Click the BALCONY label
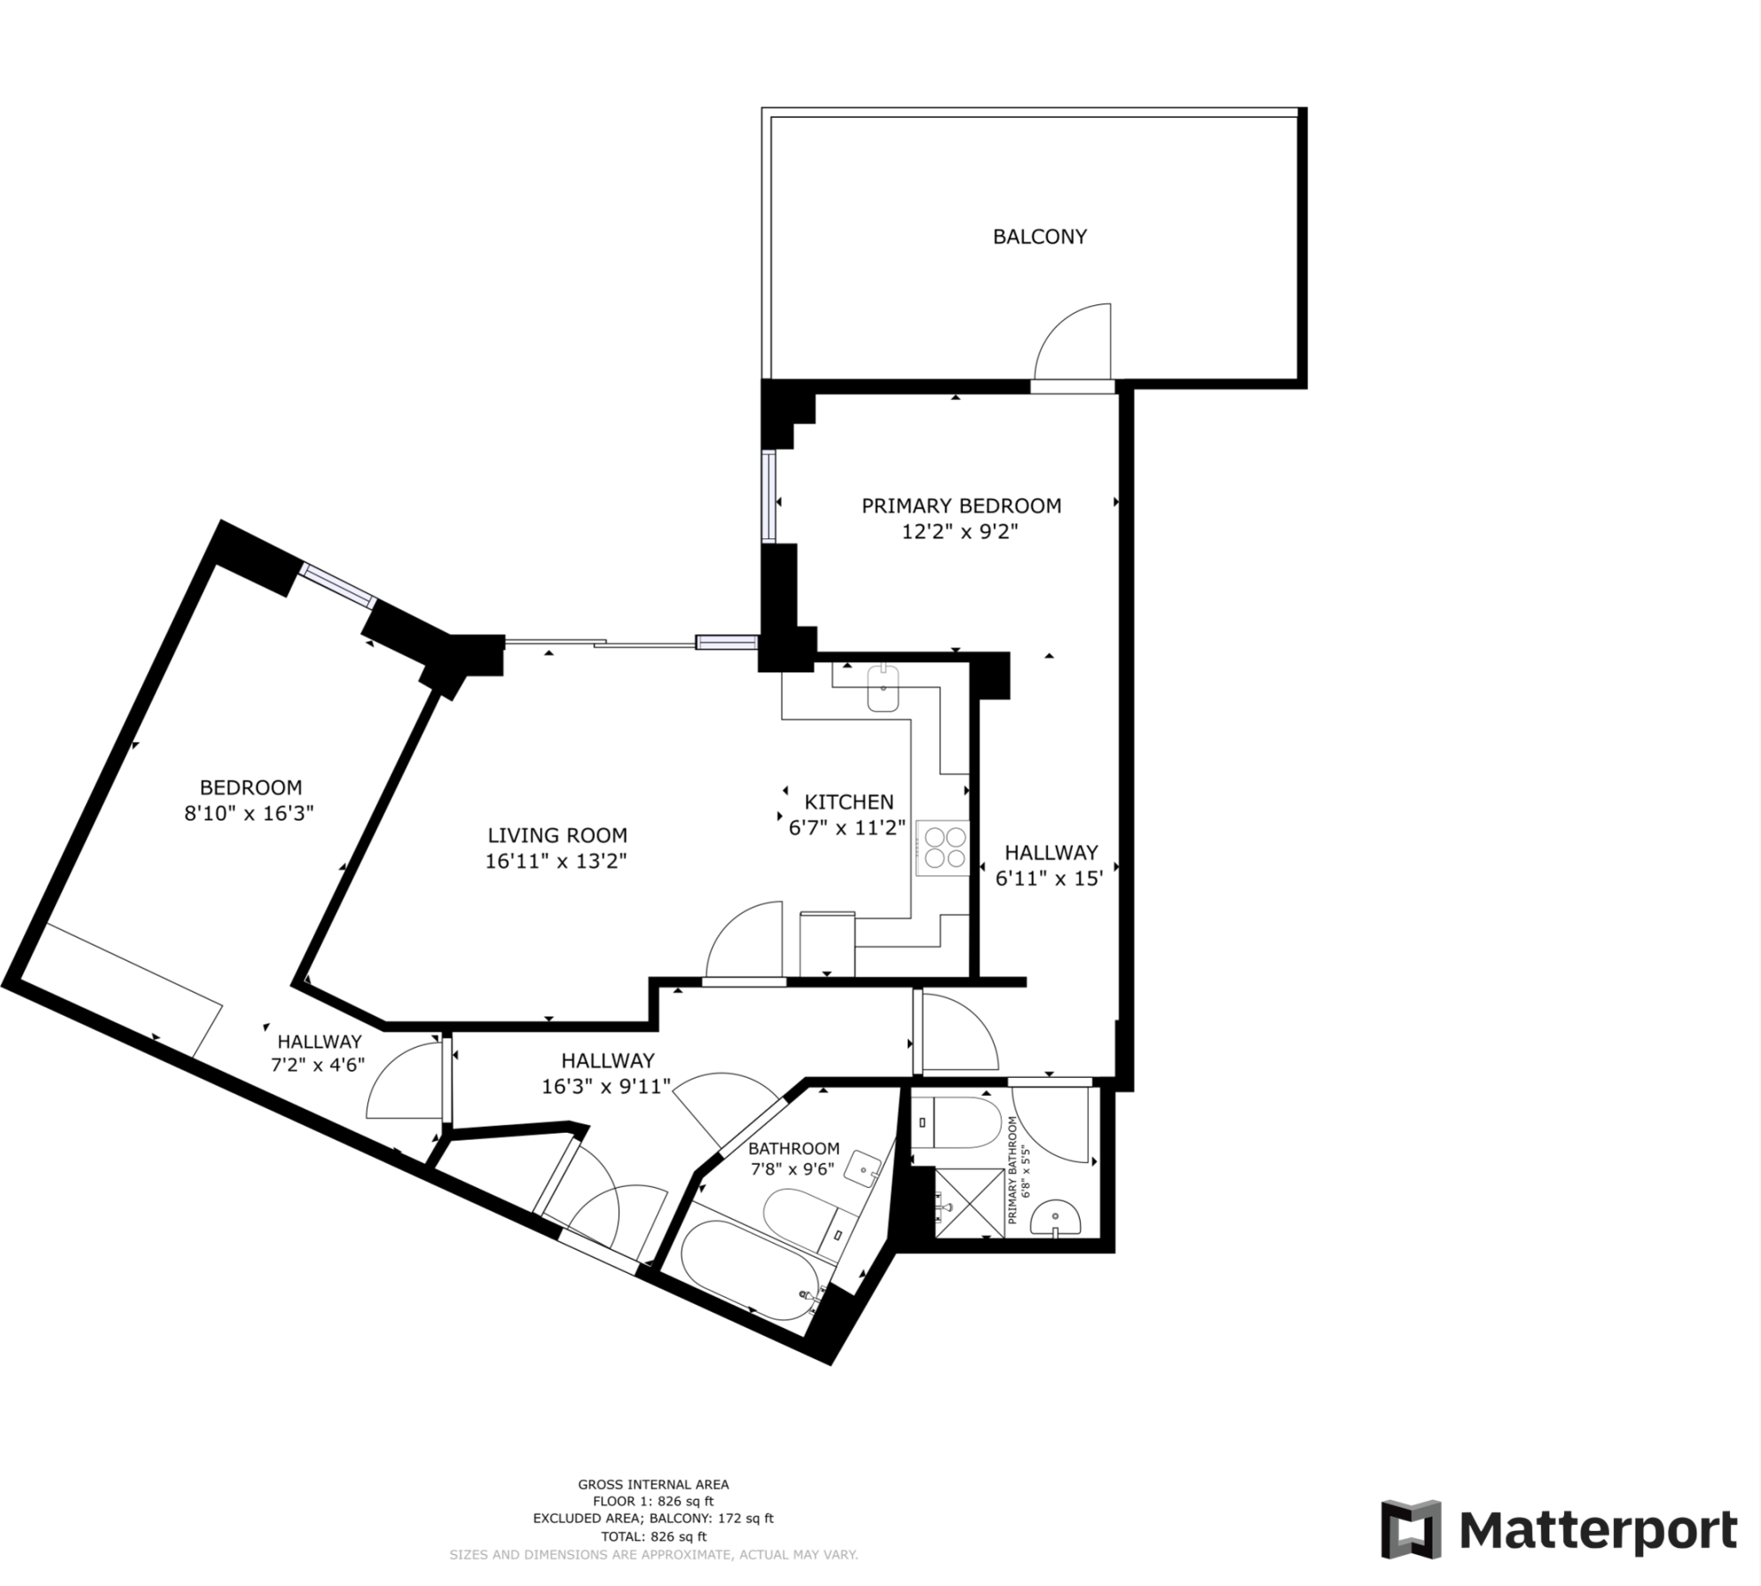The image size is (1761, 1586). (x=1040, y=236)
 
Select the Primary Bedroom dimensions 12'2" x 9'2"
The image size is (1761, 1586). (x=960, y=531)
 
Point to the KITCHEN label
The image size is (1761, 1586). (x=848, y=802)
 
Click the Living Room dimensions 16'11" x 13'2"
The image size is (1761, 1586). (x=556, y=861)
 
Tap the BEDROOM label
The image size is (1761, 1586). (x=250, y=787)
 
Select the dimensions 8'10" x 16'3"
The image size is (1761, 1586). (x=249, y=813)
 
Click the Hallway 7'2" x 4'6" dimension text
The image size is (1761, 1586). (x=318, y=1064)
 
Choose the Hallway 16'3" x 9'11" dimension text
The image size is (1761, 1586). (x=606, y=1086)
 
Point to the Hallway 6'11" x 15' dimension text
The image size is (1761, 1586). (x=1050, y=879)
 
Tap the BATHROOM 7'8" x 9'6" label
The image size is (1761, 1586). (x=794, y=1158)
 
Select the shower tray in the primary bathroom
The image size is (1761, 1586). (x=968, y=1203)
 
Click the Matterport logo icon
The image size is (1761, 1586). (x=1410, y=1529)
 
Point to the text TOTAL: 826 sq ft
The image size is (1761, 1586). (x=653, y=1536)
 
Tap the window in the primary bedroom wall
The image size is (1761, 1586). (x=768, y=496)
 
